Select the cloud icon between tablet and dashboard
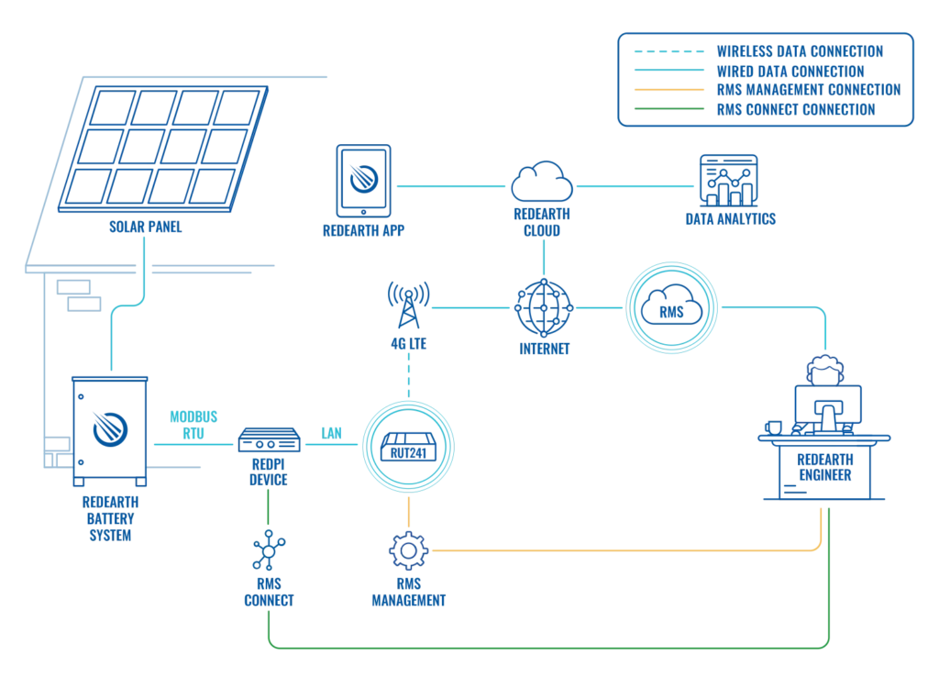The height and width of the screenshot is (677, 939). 541,183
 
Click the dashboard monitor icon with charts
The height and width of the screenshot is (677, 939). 729,179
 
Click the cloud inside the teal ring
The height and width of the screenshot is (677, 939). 670,309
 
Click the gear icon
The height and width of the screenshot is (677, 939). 406,552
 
